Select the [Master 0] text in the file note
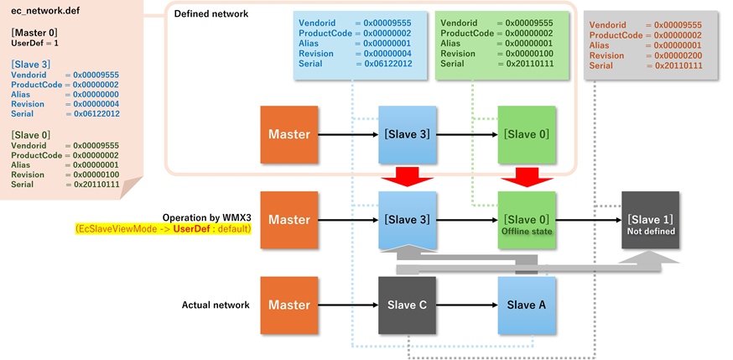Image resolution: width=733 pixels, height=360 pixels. pyautogui.click(x=34, y=32)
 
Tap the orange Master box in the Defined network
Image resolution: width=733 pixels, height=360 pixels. pyautogui.click(x=289, y=134)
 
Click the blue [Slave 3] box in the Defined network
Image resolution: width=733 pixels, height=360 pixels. pyautogui.click(x=407, y=134)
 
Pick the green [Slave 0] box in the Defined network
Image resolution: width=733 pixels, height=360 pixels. pyautogui.click(x=527, y=134)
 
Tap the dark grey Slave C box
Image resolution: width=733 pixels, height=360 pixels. pyautogui.click(x=407, y=305)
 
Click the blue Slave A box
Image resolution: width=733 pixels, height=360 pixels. pyautogui.click(x=527, y=305)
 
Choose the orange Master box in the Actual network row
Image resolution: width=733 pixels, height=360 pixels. pyautogui.click(x=289, y=305)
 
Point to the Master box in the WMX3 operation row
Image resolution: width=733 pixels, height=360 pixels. pyautogui.click(x=289, y=220)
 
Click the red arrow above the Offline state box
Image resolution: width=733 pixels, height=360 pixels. pyautogui.click(x=527, y=177)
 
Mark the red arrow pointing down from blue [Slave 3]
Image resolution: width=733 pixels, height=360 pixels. pyautogui.click(x=407, y=177)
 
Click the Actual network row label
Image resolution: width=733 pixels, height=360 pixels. pyautogui.click(x=216, y=305)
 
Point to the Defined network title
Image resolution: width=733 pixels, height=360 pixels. pyautogui.click(x=211, y=14)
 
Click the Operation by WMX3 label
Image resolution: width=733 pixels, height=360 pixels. pyautogui.click(x=206, y=217)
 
